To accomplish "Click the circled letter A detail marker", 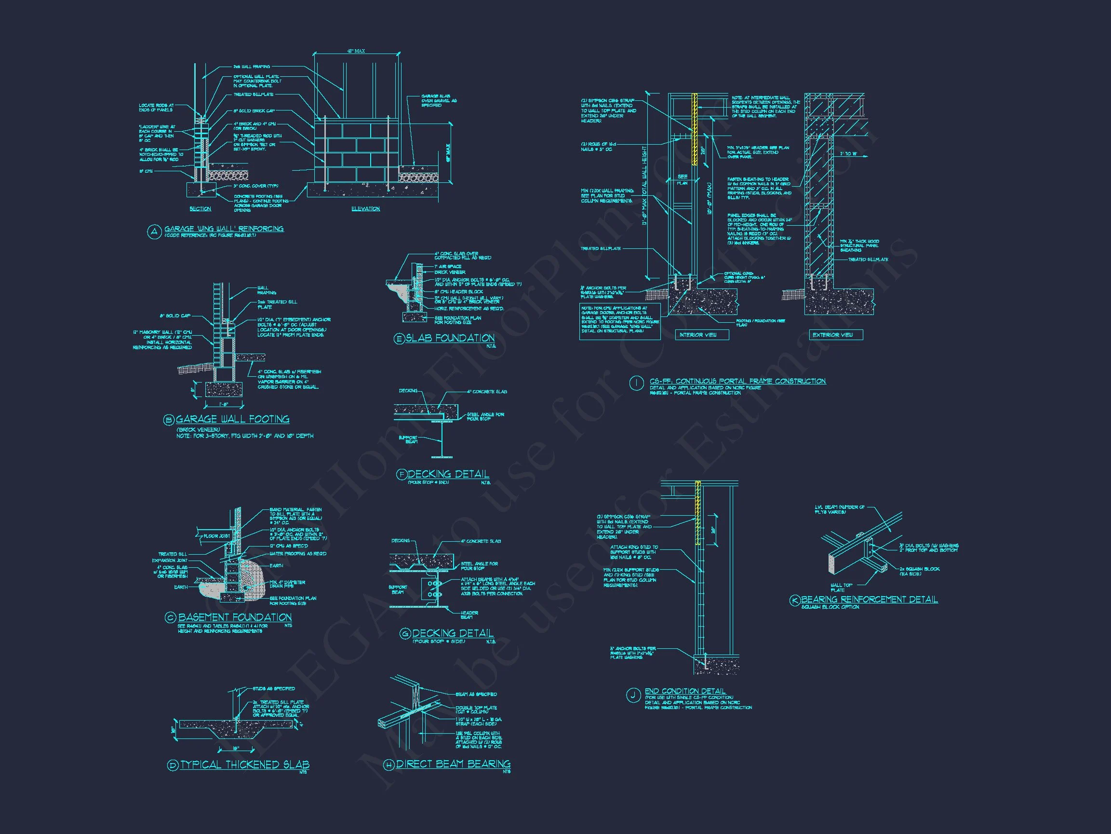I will click(x=153, y=231).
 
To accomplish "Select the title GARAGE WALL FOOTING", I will click(x=232, y=419).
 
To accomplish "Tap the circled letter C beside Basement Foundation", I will click(x=170, y=618).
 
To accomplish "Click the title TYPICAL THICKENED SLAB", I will click(x=244, y=765).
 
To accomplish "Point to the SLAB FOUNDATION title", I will click(x=450, y=338).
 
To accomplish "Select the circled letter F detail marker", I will click(x=402, y=475).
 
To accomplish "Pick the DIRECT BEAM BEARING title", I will click(x=454, y=764).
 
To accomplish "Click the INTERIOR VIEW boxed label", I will click(x=697, y=335).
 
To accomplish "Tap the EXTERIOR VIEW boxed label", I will click(x=833, y=335).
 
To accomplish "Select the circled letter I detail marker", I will click(x=636, y=384).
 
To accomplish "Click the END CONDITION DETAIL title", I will click(x=685, y=691).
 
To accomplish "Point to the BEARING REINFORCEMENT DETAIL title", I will click(x=870, y=599).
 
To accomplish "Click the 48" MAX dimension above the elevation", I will click(x=356, y=51).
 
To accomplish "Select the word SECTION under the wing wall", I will click(x=201, y=209).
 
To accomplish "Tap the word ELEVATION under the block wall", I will click(x=366, y=209).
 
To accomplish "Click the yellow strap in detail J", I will click(x=697, y=513).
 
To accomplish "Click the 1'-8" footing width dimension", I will click(x=224, y=405).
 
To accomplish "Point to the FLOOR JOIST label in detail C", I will click(x=216, y=536).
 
